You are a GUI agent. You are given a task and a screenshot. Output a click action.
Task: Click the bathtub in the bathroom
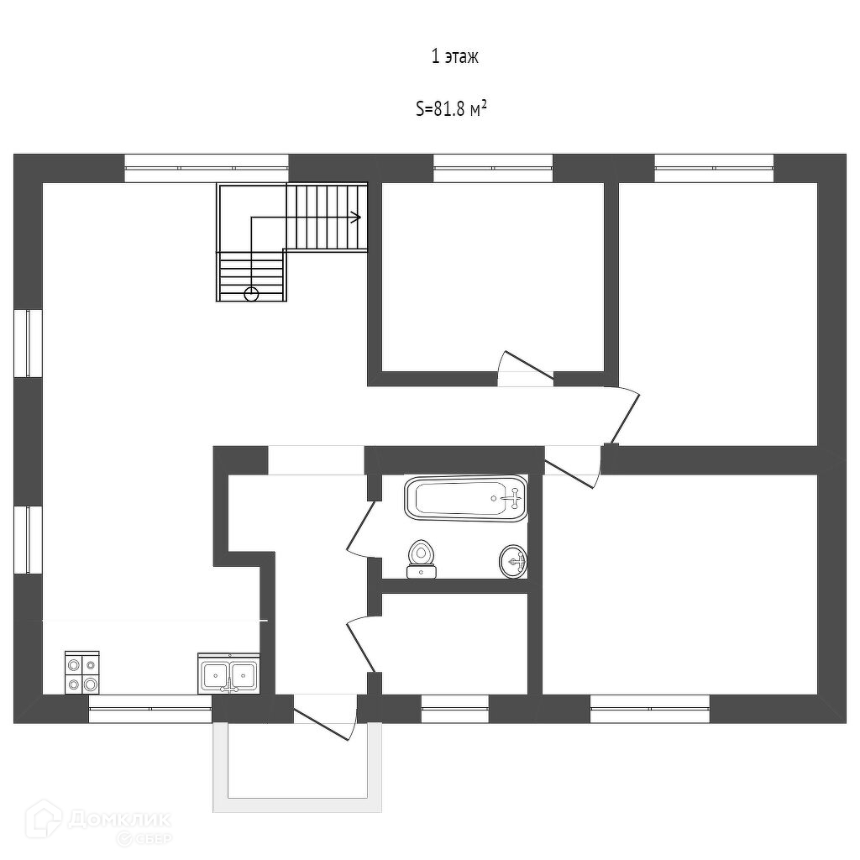coord(466,498)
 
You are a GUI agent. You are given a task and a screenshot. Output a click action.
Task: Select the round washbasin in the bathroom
coord(513,560)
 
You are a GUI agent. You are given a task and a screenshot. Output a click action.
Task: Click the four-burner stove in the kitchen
coord(82,673)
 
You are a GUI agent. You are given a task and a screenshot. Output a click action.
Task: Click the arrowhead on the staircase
coord(356,217)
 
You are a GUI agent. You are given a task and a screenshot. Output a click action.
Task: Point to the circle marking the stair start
coord(250,293)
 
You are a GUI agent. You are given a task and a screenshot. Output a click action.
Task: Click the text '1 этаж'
coord(454,57)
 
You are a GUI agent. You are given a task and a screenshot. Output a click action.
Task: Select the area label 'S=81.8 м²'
coord(452,109)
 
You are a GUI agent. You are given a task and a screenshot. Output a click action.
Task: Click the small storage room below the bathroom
coord(454,643)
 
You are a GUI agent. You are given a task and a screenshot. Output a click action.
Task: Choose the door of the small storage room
coord(363,642)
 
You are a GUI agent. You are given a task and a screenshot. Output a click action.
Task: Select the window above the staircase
coord(207,168)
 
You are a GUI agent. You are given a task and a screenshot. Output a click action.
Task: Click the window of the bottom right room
coord(649,709)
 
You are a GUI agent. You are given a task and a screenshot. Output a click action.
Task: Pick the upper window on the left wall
coord(28,343)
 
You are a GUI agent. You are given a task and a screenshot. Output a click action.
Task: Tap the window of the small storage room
coord(454,709)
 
